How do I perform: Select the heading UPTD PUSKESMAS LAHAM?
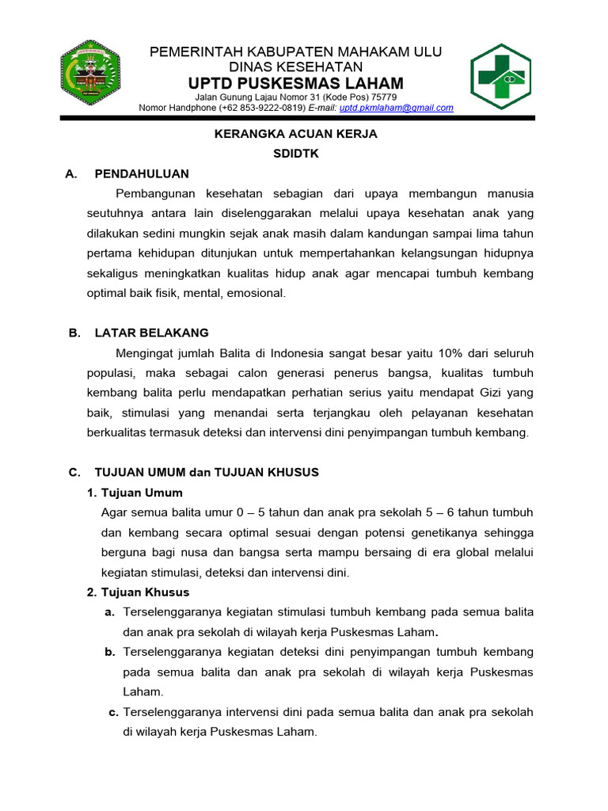[x=295, y=84]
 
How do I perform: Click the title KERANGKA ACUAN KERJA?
[x=296, y=134]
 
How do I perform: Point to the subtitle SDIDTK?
[x=296, y=154]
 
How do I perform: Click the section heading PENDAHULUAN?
[x=142, y=174]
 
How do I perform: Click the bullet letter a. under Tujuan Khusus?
[x=110, y=612]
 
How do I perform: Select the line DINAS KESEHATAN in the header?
[x=295, y=67]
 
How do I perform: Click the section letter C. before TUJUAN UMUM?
[x=74, y=472]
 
